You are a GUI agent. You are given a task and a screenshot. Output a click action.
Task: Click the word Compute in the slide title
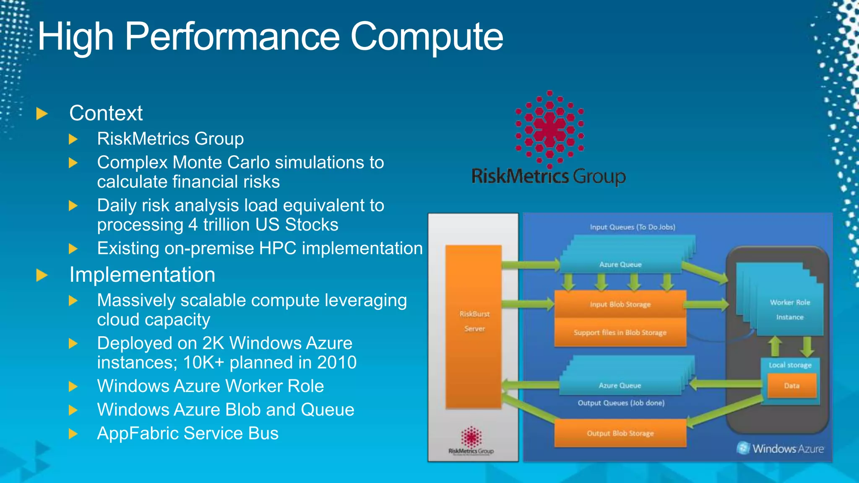(426, 37)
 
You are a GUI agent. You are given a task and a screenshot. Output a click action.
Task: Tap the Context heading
(106, 113)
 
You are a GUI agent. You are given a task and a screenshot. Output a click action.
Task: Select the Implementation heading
(142, 275)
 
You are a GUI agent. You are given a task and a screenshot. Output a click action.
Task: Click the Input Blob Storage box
(620, 304)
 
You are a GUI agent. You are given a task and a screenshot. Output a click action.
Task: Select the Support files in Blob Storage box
(620, 332)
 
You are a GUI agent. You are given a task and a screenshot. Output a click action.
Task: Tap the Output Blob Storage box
(620, 433)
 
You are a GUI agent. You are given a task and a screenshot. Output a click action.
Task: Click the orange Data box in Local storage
(791, 386)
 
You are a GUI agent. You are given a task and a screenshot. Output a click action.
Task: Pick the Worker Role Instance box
(790, 309)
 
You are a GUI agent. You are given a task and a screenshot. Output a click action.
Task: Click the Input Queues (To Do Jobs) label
(632, 227)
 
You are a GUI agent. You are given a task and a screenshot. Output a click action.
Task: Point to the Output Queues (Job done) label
(621, 403)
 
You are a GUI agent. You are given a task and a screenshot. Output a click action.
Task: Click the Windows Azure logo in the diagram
(780, 449)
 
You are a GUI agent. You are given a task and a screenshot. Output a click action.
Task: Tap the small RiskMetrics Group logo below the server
(471, 440)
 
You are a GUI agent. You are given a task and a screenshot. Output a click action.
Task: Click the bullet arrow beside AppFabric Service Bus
(73, 434)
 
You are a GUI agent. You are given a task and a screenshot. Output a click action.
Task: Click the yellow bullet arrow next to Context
(42, 114)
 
